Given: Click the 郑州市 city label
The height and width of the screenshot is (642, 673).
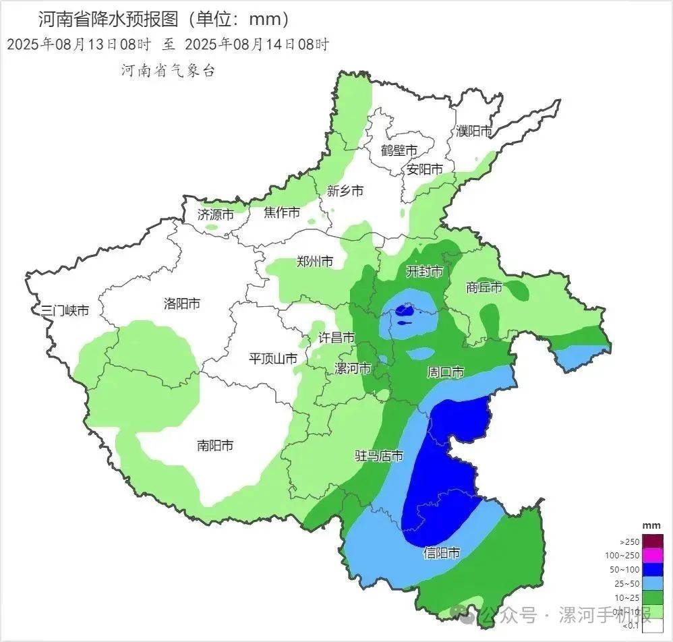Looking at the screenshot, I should point(315,262).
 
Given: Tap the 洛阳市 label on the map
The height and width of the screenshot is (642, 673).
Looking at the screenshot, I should point(182,303).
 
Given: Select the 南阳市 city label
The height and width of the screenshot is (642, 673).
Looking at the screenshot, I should point(215,445).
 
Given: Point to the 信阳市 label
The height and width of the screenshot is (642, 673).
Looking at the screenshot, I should point(442,553).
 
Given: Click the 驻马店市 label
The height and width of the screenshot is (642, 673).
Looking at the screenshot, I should point(379,456).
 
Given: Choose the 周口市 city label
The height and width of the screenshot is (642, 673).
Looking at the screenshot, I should point(446,372).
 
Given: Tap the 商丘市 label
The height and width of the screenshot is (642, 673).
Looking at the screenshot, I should point(484,287).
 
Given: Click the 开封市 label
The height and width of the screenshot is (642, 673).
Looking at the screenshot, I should point(424,271).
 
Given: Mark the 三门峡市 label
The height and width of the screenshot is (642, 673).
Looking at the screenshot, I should point(64,310).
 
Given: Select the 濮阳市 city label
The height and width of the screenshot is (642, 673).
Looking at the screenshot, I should point(474,131).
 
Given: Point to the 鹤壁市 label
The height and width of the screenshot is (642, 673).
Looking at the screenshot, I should point(399,150).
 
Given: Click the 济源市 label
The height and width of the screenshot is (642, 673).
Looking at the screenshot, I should point(216,214).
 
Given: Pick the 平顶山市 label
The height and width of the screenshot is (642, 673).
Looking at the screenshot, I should point(273,359).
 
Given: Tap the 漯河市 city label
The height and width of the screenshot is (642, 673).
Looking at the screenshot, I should point(353,369).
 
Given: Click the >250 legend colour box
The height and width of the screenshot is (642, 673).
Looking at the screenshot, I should point(653,542).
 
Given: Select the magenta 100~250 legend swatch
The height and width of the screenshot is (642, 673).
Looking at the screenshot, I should point(653,556).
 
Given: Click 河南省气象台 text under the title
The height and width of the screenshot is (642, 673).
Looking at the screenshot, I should point(168,70).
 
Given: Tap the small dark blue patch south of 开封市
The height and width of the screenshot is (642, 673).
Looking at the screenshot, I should point(405,311).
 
